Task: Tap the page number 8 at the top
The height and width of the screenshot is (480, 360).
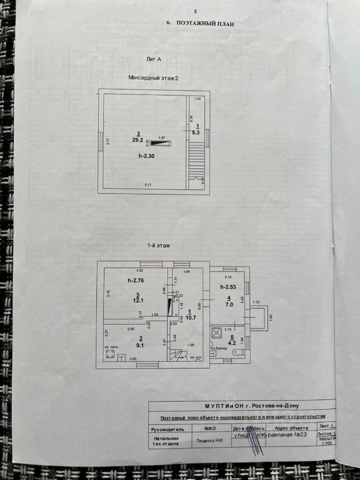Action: tap(195, 11)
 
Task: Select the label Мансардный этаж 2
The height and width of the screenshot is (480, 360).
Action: tap(153, 78)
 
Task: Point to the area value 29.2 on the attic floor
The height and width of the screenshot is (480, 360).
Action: tap(137, 140)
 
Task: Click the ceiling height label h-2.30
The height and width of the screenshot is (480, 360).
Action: tap(147, 156)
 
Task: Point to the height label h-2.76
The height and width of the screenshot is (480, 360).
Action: tap(135, 280)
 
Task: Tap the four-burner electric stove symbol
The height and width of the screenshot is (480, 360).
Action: tap(110, 355)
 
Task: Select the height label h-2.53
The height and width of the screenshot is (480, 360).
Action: tap(228, 286)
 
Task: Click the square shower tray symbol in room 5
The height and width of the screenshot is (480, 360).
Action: tap(216, 332)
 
